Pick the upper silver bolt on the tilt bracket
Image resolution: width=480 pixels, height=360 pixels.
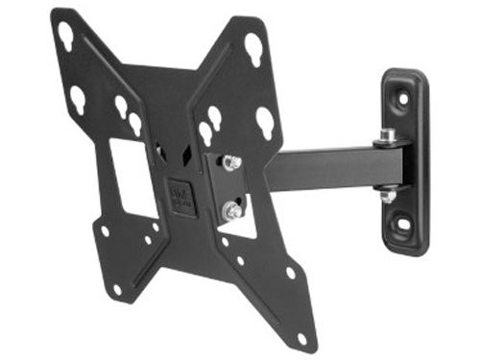pyautogui.click(x=230, y=162)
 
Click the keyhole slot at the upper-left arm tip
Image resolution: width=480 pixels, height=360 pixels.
pyautogui.click(x=66, y=36)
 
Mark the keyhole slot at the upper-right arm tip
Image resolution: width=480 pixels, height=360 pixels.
pyautogui.click(x=253, y=45)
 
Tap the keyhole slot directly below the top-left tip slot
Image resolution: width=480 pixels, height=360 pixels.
pyautogui.click(x=77, y=98)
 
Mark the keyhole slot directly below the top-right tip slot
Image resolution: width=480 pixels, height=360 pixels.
pyautogui.click(x=265, y=119)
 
